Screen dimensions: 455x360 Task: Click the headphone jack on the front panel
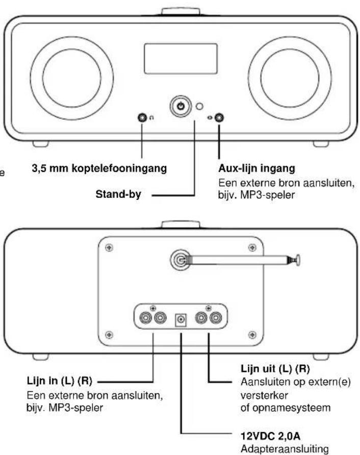(x=142, y=118)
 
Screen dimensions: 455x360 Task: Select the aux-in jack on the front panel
(x=219, y=118)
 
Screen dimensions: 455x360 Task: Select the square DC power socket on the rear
(x=181, y=319)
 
